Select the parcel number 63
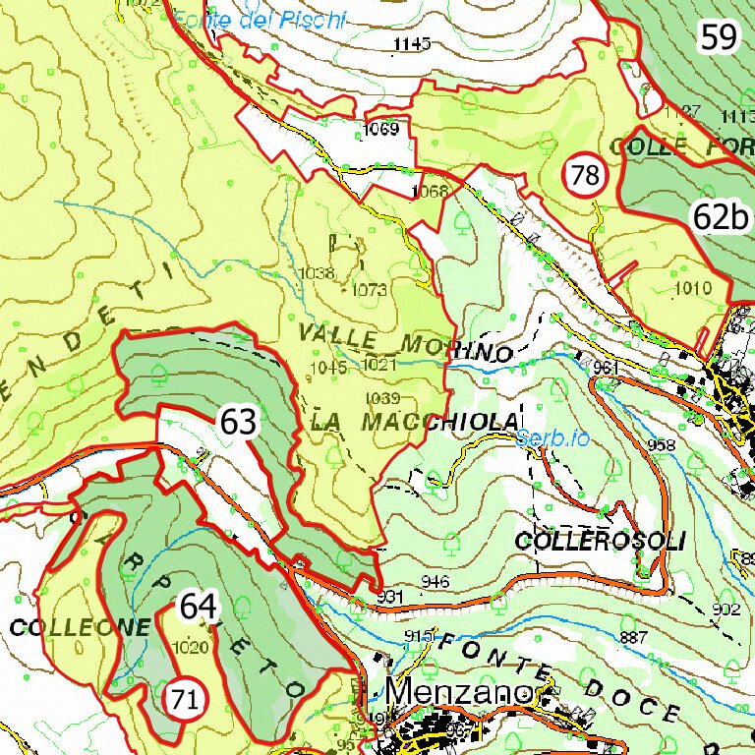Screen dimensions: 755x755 pos(238,423)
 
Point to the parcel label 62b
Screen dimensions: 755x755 pos(719,217)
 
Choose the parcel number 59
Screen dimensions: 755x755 pos(718,37)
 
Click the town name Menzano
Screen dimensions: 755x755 pos(457,692)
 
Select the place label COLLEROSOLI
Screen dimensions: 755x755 pos(598,542)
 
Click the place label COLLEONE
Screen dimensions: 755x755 pos(81,627)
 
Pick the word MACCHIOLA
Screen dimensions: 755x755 pos(438,422)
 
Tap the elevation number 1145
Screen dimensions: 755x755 pos(412,43)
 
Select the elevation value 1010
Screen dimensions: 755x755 pos(693,288)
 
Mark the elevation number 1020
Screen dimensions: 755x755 pos(188,647)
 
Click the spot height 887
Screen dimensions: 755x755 pos(635,638)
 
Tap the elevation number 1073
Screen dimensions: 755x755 pos(369,290)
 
